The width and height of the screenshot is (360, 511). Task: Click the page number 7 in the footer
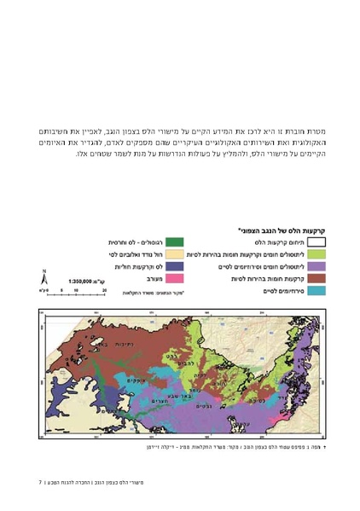(40, 482)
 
